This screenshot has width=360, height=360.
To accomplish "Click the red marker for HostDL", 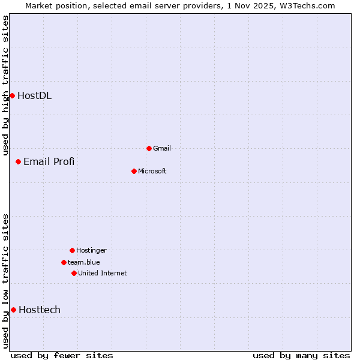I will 12,95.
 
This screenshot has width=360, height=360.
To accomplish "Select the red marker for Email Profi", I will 19,161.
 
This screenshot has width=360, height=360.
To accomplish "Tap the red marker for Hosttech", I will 13,310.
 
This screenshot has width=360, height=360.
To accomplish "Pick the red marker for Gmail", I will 149,148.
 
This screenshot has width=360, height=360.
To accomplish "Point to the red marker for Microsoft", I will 134,171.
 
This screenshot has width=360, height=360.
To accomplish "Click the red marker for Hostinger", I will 72,250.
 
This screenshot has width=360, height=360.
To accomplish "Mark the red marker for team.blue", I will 64,262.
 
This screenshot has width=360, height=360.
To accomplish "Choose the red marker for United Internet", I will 74,273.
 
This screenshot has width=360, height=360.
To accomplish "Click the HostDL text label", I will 34,95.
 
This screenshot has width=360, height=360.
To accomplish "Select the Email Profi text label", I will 49,161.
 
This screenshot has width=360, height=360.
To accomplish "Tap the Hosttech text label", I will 40,310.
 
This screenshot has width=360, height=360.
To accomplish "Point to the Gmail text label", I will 162,148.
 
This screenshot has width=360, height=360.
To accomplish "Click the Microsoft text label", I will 152,171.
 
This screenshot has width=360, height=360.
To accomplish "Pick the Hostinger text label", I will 91,250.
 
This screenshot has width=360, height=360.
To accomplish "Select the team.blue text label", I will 84,262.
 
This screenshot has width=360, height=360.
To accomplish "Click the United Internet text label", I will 103,273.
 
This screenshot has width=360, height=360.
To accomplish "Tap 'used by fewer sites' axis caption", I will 62,355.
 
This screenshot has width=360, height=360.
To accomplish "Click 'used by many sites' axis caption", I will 301,355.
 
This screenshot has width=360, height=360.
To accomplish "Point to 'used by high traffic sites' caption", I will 5,85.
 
